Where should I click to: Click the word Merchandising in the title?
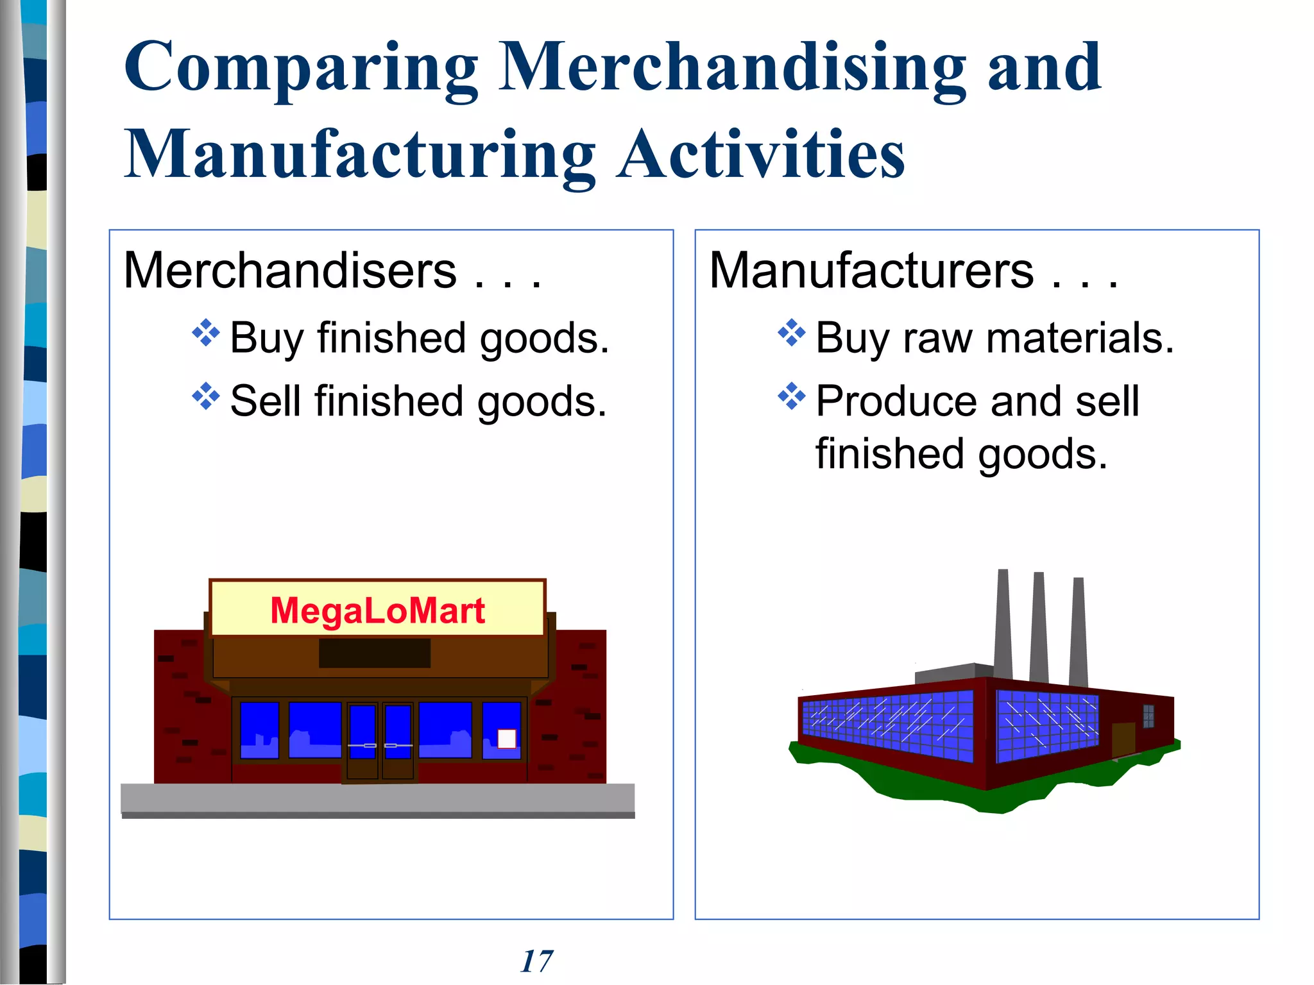[731, 68]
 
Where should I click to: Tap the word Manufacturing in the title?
[359, 155]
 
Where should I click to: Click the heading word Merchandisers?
[290, 271]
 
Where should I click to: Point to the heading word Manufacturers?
[871, 271]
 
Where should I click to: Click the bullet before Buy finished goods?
[206, 333]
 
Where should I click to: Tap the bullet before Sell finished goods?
[206, 396]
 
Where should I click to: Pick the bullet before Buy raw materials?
[791, 333]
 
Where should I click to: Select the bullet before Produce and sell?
[791, 396]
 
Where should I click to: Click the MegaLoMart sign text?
[377, 610]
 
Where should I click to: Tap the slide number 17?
[536, 961]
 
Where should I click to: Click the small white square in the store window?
[507, 739]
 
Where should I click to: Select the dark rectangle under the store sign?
[375, 653]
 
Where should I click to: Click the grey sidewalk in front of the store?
[377, 798]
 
